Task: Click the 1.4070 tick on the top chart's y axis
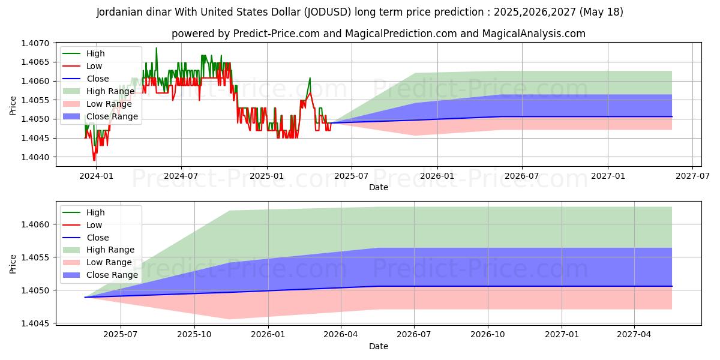pos(37,43)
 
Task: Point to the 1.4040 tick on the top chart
pos(37,157)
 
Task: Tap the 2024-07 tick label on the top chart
pos(181,176)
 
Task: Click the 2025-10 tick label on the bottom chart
pos(195,335)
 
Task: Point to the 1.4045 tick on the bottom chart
pos(37,323)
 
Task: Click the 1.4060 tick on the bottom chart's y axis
pos(37,224)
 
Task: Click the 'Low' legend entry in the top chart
pos(94,66)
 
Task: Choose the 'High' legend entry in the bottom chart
pos(95,212)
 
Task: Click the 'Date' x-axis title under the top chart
pos(379,187)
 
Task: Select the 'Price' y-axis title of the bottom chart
pos(13,263)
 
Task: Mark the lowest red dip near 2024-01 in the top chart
pos(94,160)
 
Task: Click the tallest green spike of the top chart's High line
pos(157,48)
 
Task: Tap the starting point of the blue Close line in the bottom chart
pos(85,297)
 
